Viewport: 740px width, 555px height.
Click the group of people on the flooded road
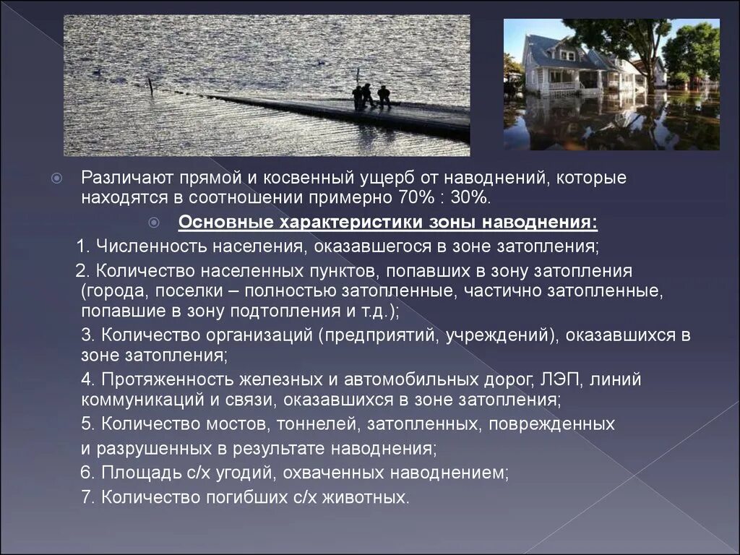click(x=371, y=97)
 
